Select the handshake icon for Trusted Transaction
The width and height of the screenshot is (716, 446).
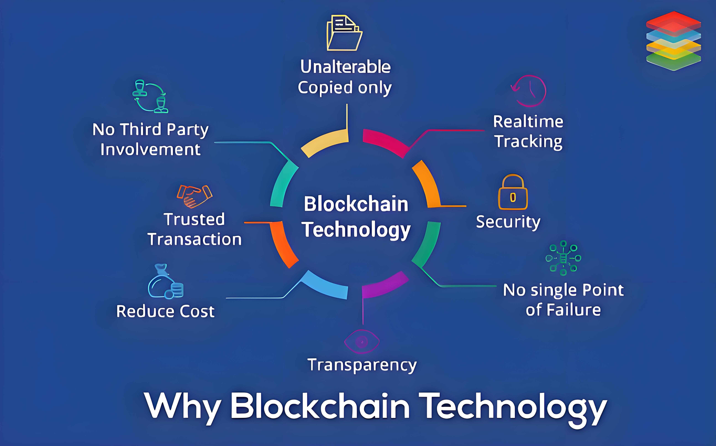point(194,196)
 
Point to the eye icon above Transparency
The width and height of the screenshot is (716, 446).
point(362,342)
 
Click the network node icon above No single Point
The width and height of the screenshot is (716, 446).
point(563,258)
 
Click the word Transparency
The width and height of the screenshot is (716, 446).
point(362,365)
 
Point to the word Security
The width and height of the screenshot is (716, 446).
point(508,222)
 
